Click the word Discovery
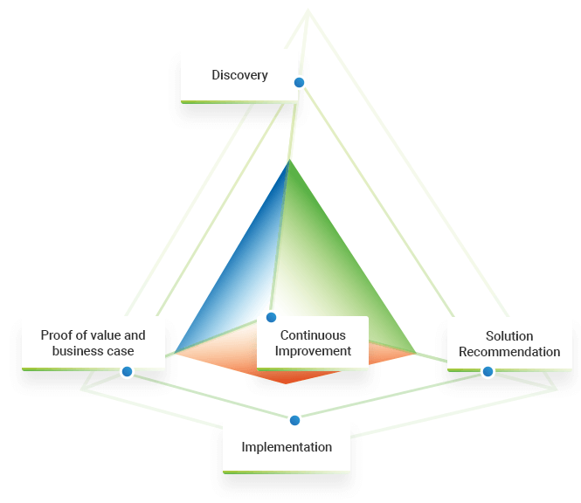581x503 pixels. pos(239,75)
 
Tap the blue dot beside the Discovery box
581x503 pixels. pos(299,82)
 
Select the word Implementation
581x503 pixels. pos(287,447)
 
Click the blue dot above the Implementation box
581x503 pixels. pos(294,420)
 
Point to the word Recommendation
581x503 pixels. pos(509,352)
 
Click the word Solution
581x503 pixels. pos(509,336)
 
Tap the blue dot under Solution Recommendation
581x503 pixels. pos(488,371)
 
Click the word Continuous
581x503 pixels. pos(313,335)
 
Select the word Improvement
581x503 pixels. pos(313,351)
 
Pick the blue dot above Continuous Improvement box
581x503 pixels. pos(271,317)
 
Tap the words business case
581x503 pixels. pos(93,351)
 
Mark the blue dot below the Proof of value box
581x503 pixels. pos(127,371)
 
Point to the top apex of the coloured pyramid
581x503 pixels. pos(288,162)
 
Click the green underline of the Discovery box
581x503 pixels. pos(239,102)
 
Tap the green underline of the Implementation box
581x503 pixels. pos(287,472)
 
